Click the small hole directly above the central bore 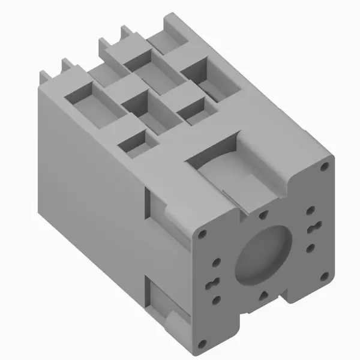click(262, 213)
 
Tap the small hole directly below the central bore click(262, 293)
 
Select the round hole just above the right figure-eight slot click(311, 211)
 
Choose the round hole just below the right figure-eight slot click(311, 247)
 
